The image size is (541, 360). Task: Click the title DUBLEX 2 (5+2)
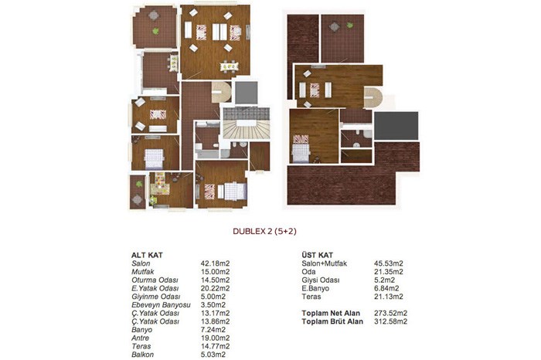coord(264,232)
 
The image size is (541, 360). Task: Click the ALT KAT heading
coord(147,256)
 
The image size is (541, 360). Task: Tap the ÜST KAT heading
coord(318,255)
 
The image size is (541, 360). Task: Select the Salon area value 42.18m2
coord(216,263)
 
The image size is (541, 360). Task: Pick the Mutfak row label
coord(143,272)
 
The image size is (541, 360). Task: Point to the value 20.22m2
coord(216,288)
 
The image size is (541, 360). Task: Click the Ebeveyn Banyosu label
coord(161,305)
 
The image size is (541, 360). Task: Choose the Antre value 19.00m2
coord(216,338)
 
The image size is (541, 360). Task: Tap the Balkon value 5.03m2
coord(213,355)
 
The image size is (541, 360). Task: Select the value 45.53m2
coord(389,263)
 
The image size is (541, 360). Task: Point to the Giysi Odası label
coord(321,280)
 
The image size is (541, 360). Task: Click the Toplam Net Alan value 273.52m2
coord(391,313)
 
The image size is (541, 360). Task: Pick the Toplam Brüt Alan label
coord(332,321)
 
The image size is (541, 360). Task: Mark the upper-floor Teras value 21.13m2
coord(389,297)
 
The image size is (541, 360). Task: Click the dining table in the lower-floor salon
coord(229,66)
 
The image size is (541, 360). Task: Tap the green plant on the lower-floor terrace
coord(155,31)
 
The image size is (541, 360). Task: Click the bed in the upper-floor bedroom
coord(301,148)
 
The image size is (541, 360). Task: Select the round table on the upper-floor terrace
coord(335,26)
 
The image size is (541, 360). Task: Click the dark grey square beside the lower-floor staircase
coord(247,93)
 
